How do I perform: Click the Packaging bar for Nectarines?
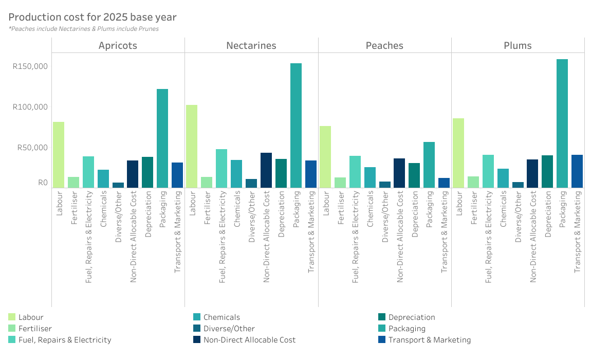click(x=296, y=125)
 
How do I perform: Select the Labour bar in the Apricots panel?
click(x=59, y=155)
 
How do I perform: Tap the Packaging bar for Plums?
click(x=562, y=123)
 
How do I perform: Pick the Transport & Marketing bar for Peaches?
click(x=444, y=183)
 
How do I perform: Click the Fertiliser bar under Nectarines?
click(x=207, y=182)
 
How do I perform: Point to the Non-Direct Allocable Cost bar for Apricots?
click(x=133, y=174)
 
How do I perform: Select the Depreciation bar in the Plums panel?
click(x=547, y=171)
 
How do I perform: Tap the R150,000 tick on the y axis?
click(x=30, y=66)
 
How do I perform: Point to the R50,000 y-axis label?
click(x=32, y=148)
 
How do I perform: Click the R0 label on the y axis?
click(x=43, y=183)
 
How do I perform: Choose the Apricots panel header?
click(x=118, y=46)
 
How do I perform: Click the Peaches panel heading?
click(x=384, y=46)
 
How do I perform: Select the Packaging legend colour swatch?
click(x=382, y=329)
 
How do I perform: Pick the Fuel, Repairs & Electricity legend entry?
click(x=65, y=340)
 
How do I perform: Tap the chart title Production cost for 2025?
click(x=93, y=17)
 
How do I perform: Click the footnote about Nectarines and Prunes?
click(x=84, y=29)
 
